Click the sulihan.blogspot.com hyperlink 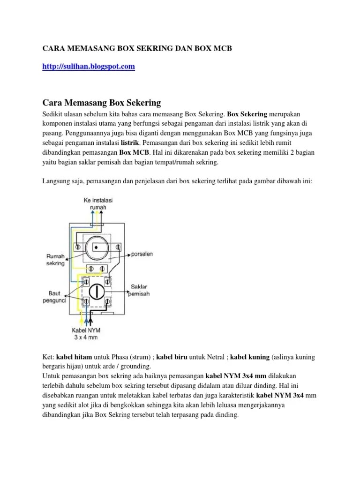(89, 67)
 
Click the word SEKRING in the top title (153, 48)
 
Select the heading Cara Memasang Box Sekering (102, 102)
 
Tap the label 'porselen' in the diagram (142, 255)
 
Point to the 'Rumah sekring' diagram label (55, 260)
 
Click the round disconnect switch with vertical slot (96, 291)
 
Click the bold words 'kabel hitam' (74, 357)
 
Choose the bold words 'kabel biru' (172, 357)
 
